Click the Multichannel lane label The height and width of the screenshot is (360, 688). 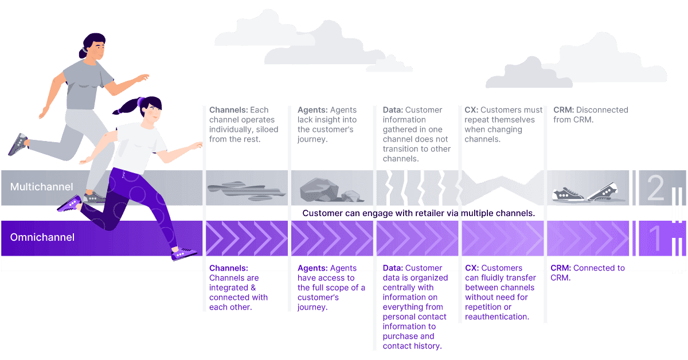(41, 187)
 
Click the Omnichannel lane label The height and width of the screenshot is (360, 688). (42, 237)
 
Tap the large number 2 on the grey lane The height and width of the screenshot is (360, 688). (655, 187)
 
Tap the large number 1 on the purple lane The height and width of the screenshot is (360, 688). (655, 238)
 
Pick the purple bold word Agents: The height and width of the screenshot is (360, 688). (313, 268)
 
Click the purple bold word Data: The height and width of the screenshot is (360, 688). (393, 268)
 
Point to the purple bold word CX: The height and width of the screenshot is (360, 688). (472, 268)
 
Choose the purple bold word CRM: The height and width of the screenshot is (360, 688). (561, 268)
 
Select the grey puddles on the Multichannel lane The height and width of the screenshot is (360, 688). (236, 190)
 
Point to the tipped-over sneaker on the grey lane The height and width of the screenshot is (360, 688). (602, 191)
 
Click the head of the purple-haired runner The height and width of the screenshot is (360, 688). (148, 111)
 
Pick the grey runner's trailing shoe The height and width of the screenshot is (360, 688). (18, 143)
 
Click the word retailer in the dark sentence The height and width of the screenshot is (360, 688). (424, 213)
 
